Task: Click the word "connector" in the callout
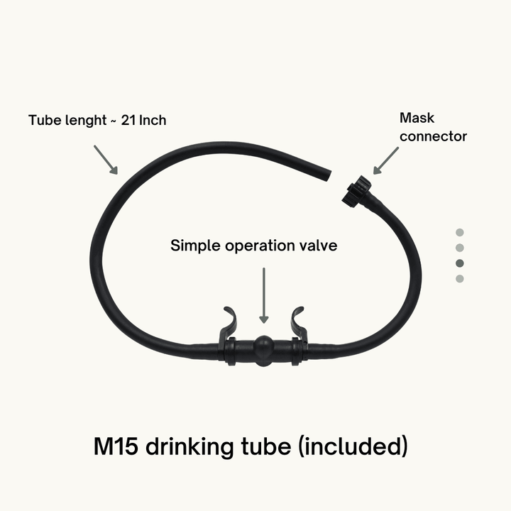coord(433,136)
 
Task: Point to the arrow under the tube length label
coord(105,160)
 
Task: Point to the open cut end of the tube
coord(327,173)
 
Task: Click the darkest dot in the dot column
coord(460,263)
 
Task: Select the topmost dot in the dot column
coord(460,232)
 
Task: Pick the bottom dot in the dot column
coord(460,279)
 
